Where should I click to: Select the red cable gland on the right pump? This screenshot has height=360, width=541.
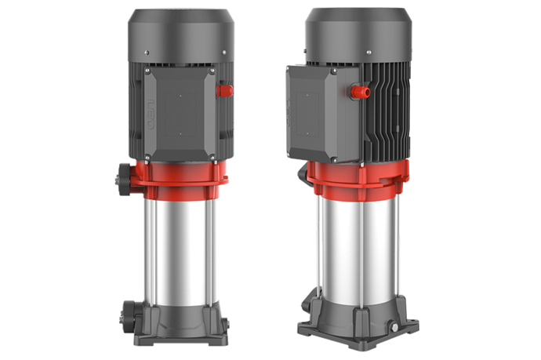click(x=363, y=93)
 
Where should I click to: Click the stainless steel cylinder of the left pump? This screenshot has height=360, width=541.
click(x=177, y=243)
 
